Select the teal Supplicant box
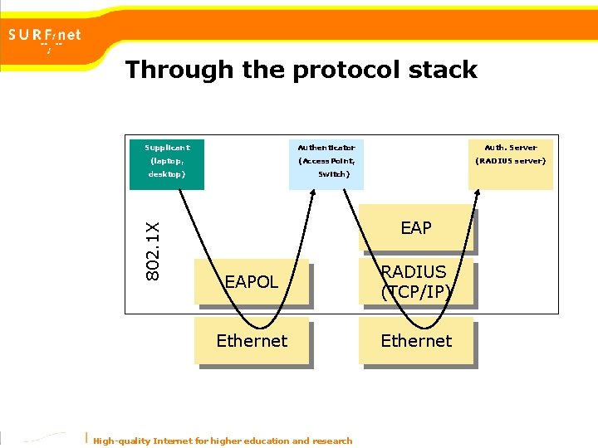pos(167,162)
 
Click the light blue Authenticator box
pos(326,162)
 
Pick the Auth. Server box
pos(510,162)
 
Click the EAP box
pos(416,228)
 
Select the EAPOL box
pos(252,282)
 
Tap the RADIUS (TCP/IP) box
pos(416,282)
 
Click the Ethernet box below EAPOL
pos(252,340)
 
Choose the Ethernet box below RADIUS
pos(416,340)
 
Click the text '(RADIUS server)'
pos(510,161)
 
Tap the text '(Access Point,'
pos(326,161)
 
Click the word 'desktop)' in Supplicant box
pos(167,175)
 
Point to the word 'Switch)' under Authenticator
pos(334,175)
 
